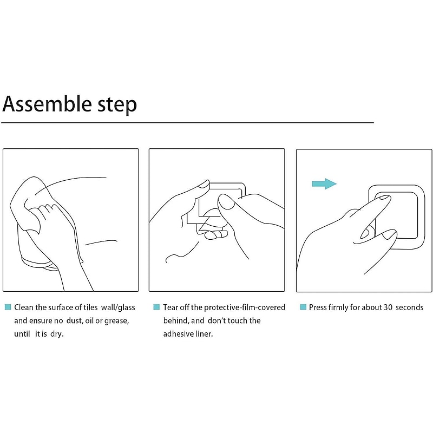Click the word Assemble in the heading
47,104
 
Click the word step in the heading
117,105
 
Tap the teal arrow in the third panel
324,183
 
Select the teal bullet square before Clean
8,307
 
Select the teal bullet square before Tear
156,307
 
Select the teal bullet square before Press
303,307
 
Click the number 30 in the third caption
388,307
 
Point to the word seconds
410,307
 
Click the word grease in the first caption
116,321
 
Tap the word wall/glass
118,307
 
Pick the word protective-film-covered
245,307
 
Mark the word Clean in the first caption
24,307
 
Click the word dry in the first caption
57,334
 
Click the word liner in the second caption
205,334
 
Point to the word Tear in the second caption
170,307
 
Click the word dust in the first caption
75,321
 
